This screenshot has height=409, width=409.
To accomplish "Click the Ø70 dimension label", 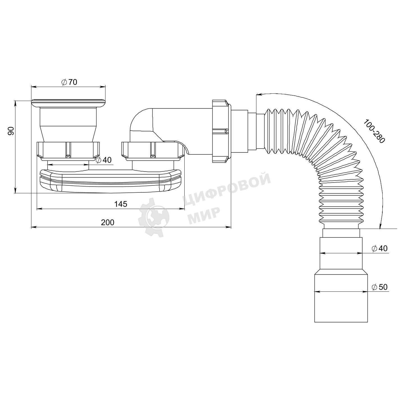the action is pyautogui.click(x=69, y=82).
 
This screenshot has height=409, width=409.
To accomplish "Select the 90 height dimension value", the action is pyautogui.click(x=11, y=131).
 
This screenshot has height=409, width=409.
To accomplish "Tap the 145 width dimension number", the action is pyautogui.click(x=121, y=204).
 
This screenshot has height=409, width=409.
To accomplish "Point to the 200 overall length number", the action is pyautogui.click(x=108, y=222).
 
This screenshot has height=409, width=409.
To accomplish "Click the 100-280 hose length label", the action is pyautogui.click(x=374, y=131).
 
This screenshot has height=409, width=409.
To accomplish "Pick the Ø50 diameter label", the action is pyautogui.click(x=380, y=287).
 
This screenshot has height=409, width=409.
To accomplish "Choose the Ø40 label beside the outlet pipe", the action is pyautogui.click(x=380, y=248).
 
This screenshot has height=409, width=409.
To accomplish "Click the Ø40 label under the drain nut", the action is pyautogui.click(x=104, y=160).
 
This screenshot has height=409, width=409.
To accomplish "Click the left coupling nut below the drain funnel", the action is pyautogui.click(x=68, y=150).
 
